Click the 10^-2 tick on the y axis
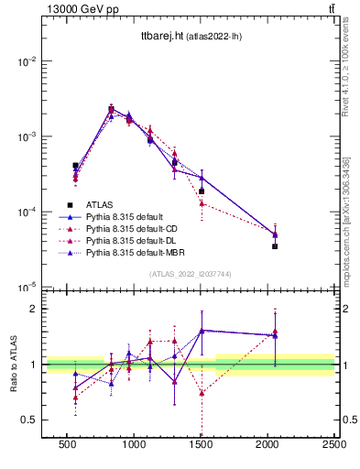tap(27, 61)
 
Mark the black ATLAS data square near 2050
tap(275, 246)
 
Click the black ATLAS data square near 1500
tap(202, 191)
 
